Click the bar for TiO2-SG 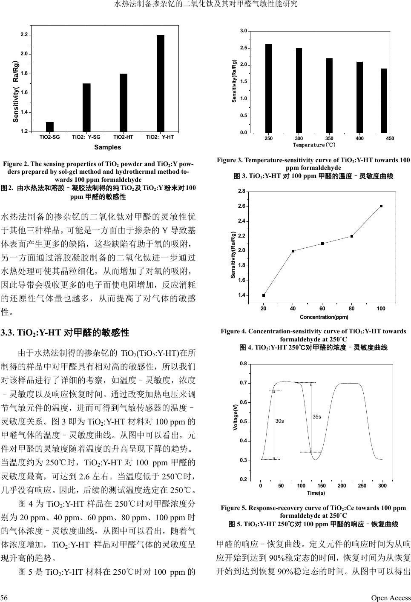pos(50,126)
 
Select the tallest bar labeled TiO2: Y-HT pos(160,83)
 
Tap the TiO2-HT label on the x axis pos(124,137)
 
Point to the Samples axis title pos(107,147)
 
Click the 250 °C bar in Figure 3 pos(268,89)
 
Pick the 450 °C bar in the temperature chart pos(384,100)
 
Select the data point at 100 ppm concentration pos(381,206)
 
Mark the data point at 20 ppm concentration pos(264,295)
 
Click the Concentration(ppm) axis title pos(324,317)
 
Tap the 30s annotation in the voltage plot pos(279,421)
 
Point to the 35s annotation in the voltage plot pos(317,416)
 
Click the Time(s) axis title pos(316,493)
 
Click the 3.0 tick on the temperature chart pos(244,31)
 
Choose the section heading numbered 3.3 pos(65,333)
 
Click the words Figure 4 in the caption pos(233,331)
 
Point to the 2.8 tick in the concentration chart pos(241,192)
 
